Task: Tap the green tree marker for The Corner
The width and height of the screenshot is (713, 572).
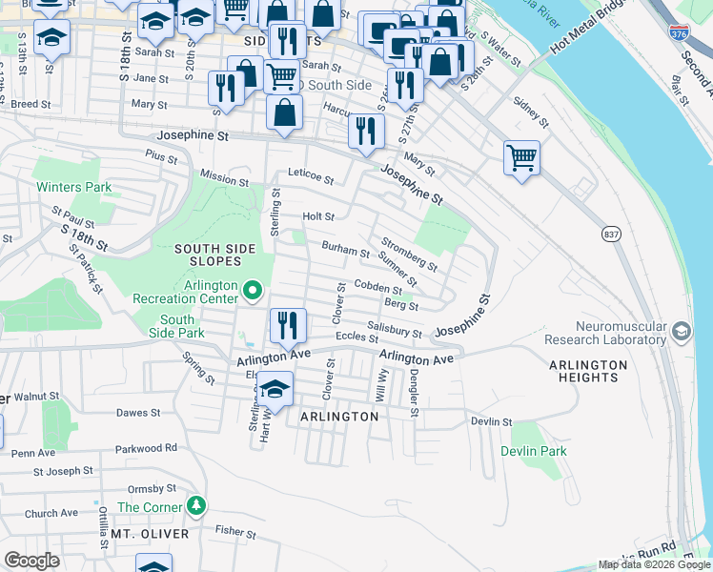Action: pos(197,504)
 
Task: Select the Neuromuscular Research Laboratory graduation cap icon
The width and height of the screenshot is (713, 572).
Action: pos(681,331)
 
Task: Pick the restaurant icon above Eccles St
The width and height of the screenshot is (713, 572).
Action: pos(287,325)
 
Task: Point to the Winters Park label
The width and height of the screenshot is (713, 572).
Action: pos(74,188)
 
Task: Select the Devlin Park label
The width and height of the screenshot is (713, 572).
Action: pos(534,451)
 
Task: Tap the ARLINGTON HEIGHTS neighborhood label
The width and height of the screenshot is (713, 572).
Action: pos(588,372)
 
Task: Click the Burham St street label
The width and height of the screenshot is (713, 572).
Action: pos(345,250)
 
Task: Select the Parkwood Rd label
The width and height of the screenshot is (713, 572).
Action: pos(146,447)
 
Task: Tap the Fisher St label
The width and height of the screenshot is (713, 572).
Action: pos(230,530)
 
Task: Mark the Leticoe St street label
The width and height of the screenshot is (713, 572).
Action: pos(312,178)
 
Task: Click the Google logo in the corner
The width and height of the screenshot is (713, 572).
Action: pos(31,561)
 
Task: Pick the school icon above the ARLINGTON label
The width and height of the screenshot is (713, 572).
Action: pos(275,388)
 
